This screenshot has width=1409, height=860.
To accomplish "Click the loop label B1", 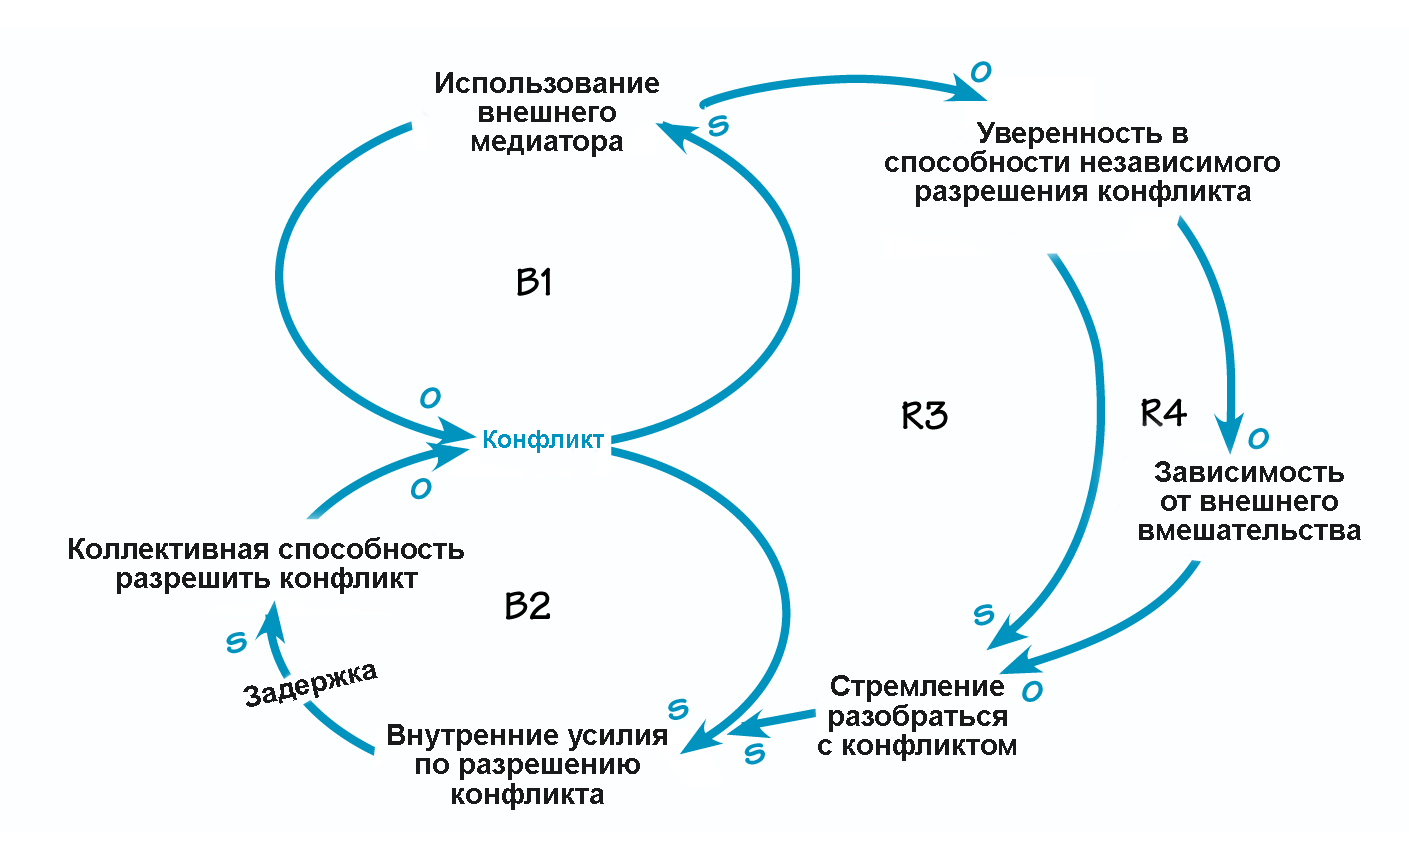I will coord(534,283).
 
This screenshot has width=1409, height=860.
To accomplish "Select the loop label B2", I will coord(527,606).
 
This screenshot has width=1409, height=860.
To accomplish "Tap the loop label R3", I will coord(924,415).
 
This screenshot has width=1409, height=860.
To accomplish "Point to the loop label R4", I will coord(1163,412).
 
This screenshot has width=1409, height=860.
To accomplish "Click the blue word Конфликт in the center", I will coord(543,440).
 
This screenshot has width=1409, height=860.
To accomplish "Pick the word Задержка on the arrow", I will coord(311,684).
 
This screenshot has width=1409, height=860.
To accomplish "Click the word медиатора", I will coord(546,142).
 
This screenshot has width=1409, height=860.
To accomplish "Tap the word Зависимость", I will coord(1249,472).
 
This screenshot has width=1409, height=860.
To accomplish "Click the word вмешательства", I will coord(1249,530).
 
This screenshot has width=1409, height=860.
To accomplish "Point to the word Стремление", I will coord(917,687).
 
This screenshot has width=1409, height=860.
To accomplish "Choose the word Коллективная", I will coord(168,550).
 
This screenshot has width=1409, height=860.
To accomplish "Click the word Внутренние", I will coord(459,736).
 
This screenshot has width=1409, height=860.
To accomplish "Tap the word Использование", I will coord(546,83).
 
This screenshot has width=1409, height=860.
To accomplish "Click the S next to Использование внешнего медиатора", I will coord(718,127).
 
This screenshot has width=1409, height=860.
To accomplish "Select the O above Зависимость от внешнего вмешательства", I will coord(1258,438).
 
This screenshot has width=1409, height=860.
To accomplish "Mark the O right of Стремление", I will coord(1032,691).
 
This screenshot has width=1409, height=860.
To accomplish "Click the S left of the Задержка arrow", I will coord(236,642).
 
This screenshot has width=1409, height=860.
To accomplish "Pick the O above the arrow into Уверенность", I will coord(981,72).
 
